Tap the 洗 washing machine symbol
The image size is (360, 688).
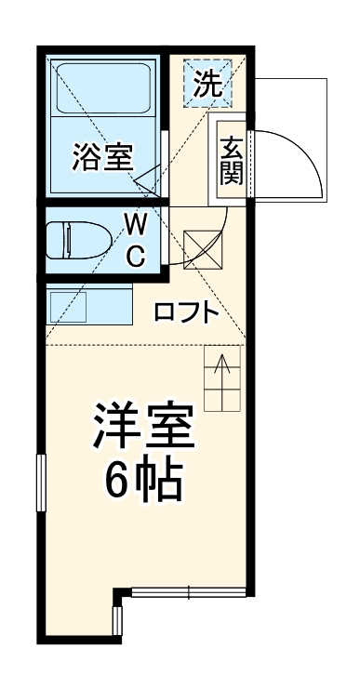[208, 85]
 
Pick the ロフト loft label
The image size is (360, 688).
[186, 312]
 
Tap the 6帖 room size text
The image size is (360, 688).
[142, 479]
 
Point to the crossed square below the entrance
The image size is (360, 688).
[199, 248]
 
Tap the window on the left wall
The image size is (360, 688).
[41, 483]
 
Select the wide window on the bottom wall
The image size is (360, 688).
[189, 591]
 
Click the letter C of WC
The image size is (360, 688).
[136, 256]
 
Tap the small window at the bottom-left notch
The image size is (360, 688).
[117, 620]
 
